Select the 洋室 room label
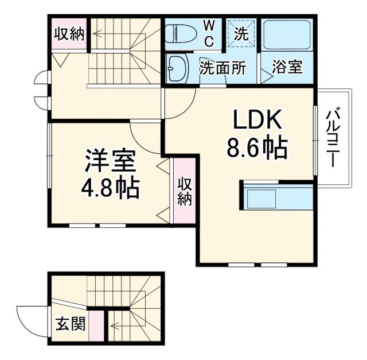pos(110,161)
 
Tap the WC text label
pos(209,33)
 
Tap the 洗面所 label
pos(222,68)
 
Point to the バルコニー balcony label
pos(333,138)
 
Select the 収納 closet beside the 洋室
pos(184,193)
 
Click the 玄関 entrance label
pos(71,325)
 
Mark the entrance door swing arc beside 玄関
pos(29,319)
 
